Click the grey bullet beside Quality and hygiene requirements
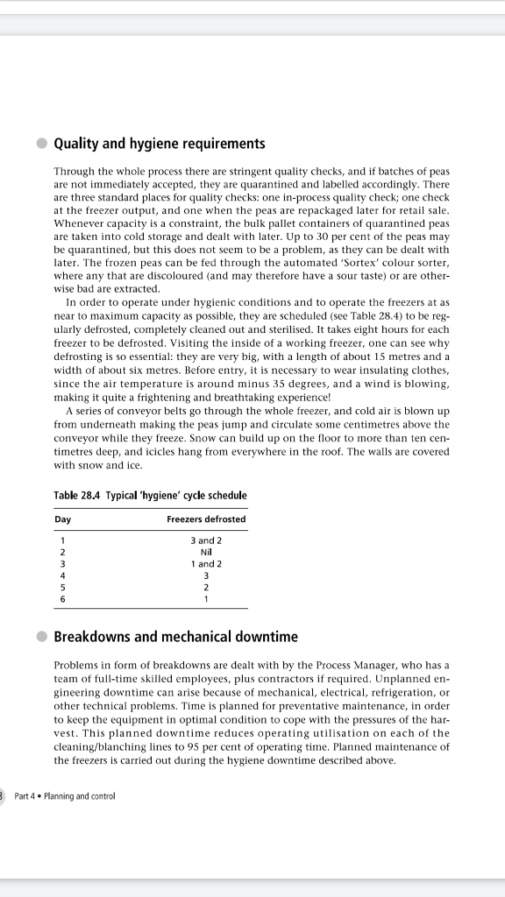click(x=41, y=144)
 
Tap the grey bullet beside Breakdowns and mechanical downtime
click(x=41, y=637)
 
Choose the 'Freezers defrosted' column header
click(x=206, y=519)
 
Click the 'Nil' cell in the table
click(x=206, y=552)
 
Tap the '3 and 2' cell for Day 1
click(x=206, y=540)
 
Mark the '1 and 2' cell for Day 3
click(x=206, y=564)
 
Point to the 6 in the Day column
click(x=61, y=599)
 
